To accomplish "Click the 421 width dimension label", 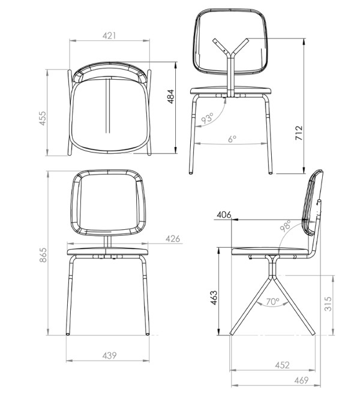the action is (109, 35).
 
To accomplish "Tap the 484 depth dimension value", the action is (171, 96).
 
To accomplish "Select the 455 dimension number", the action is (43, 118).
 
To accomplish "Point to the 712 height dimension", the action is (299, 133).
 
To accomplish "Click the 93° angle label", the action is (208, 118).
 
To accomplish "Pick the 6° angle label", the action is (232, 139).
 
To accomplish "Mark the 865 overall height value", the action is (43, 255).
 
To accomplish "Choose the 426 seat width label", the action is (173, 239).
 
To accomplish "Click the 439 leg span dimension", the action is (109, 355).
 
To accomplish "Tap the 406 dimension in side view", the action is (224, 215).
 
